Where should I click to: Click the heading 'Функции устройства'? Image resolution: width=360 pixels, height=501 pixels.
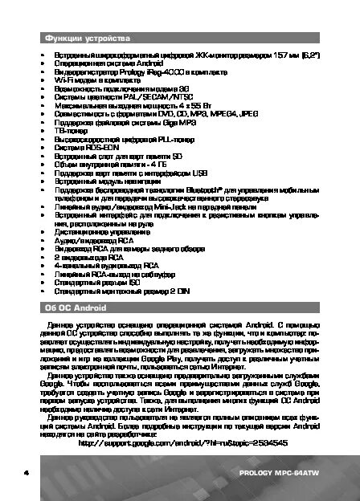[84, 39]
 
